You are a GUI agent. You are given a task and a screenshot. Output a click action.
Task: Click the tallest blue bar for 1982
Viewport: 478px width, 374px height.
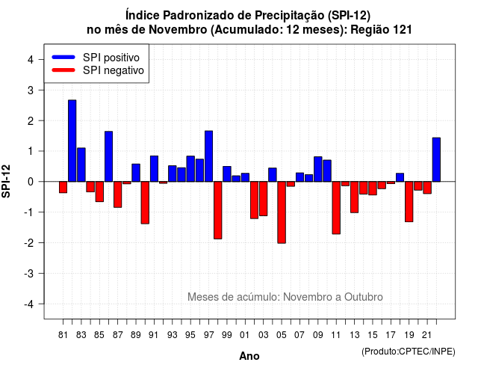72,141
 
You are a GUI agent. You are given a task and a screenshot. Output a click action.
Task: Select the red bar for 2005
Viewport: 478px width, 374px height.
282,212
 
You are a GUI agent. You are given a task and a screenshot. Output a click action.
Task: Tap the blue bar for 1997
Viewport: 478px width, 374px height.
209,156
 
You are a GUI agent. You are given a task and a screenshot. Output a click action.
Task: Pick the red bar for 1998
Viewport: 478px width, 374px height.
218,210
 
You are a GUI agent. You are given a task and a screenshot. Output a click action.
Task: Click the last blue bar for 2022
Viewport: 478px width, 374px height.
436,159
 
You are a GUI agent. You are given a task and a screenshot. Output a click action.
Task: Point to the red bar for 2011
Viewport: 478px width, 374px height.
336,208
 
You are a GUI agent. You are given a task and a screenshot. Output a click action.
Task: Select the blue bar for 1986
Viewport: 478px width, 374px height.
108,156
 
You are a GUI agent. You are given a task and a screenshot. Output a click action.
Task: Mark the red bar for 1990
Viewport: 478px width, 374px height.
145,203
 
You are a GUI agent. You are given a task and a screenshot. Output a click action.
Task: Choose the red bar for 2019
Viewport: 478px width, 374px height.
409,202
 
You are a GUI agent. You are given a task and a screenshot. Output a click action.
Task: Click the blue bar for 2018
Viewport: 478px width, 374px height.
400,177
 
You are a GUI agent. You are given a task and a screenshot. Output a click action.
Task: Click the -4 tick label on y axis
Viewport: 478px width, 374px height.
29,304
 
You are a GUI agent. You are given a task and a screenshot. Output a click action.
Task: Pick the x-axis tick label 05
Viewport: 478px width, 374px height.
282,335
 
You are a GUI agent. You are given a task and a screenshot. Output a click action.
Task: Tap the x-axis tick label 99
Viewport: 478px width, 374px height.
227,335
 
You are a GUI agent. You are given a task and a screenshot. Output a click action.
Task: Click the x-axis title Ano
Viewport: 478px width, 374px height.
249,356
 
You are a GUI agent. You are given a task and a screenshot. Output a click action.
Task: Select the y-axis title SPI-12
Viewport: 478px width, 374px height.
6,181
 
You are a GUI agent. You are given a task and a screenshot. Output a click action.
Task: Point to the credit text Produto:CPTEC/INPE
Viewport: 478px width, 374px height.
409,352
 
